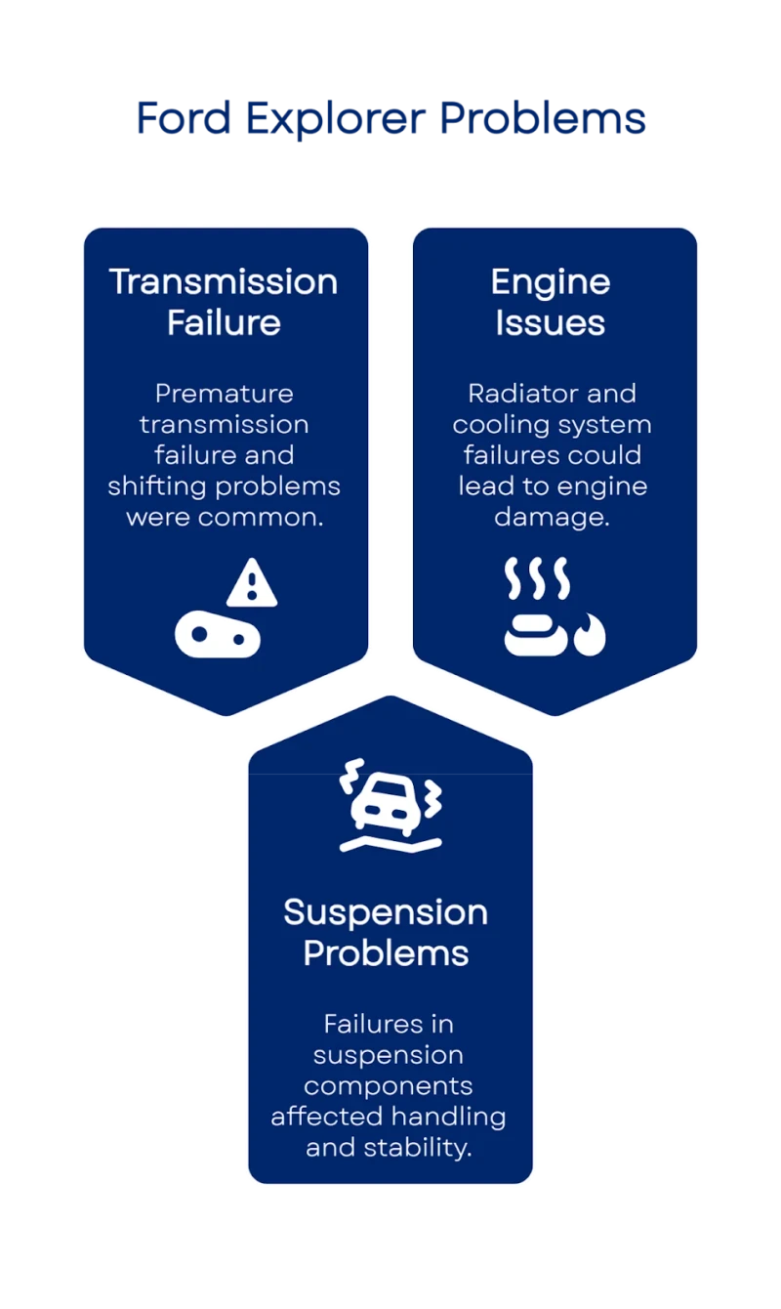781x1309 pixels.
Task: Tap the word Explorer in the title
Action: [334, 119]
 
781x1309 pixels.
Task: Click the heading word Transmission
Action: [224, 281]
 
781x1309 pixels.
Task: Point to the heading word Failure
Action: [224, 322]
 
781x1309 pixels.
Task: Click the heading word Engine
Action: [550, 281]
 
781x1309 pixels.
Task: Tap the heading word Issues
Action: [550, 322]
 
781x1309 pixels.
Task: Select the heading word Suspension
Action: [385, 912]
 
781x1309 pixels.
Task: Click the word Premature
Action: [224, 394]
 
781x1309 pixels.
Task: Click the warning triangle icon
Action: [252, 584]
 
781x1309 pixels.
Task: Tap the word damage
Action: [552, 517]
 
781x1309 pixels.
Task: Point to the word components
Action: [388, 1085]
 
